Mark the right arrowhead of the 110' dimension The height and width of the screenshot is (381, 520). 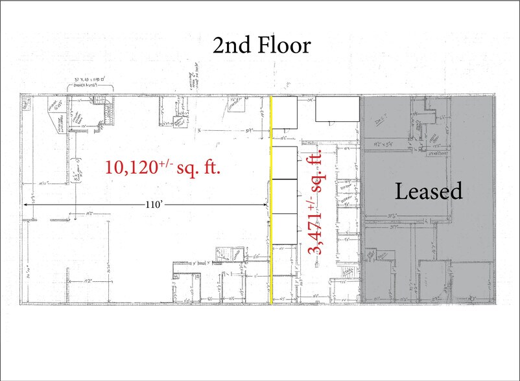click(x=266, y=205)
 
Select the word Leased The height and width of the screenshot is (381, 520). click(x=429, y=191)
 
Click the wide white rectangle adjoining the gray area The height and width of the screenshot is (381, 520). click(x=338, y=109)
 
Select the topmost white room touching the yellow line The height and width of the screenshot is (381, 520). click(x=284, y=119)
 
